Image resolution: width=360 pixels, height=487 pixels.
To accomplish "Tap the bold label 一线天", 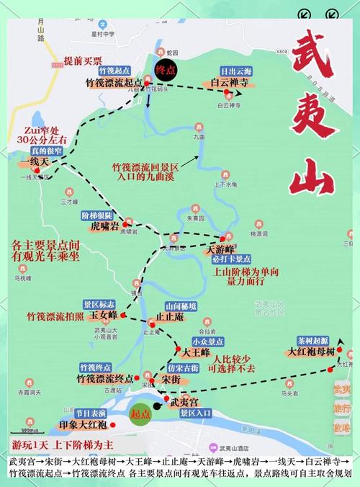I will [35, 163].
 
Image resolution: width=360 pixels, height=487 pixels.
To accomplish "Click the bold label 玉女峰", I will [102, 316].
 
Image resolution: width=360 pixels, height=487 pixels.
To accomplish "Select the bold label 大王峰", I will [195, 353].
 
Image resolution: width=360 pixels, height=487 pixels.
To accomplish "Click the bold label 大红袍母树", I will [311, 352].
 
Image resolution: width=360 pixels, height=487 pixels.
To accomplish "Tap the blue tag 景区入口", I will [195, 414].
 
